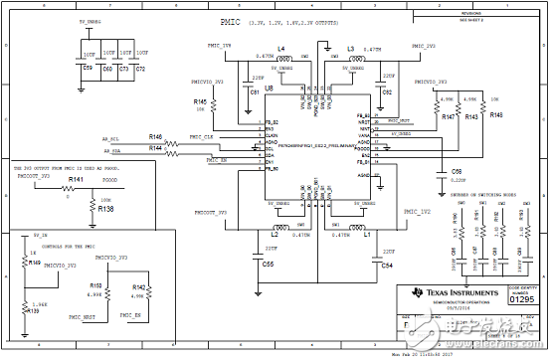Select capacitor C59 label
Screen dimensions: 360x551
tap(87, 69)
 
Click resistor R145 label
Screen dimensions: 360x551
tap(200, 101)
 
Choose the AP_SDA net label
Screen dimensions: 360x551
tap(112, 150)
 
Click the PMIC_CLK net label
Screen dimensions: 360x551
tap(202, 136)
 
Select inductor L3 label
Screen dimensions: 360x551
tap(350, 48)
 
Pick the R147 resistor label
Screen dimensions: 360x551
tap(449, 116)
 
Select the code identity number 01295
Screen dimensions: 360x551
tap(523, 296)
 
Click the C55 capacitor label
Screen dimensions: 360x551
tap(268, 266)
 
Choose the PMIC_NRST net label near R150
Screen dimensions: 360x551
tap(83, 315)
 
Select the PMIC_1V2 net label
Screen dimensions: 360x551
tap(418, 212)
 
